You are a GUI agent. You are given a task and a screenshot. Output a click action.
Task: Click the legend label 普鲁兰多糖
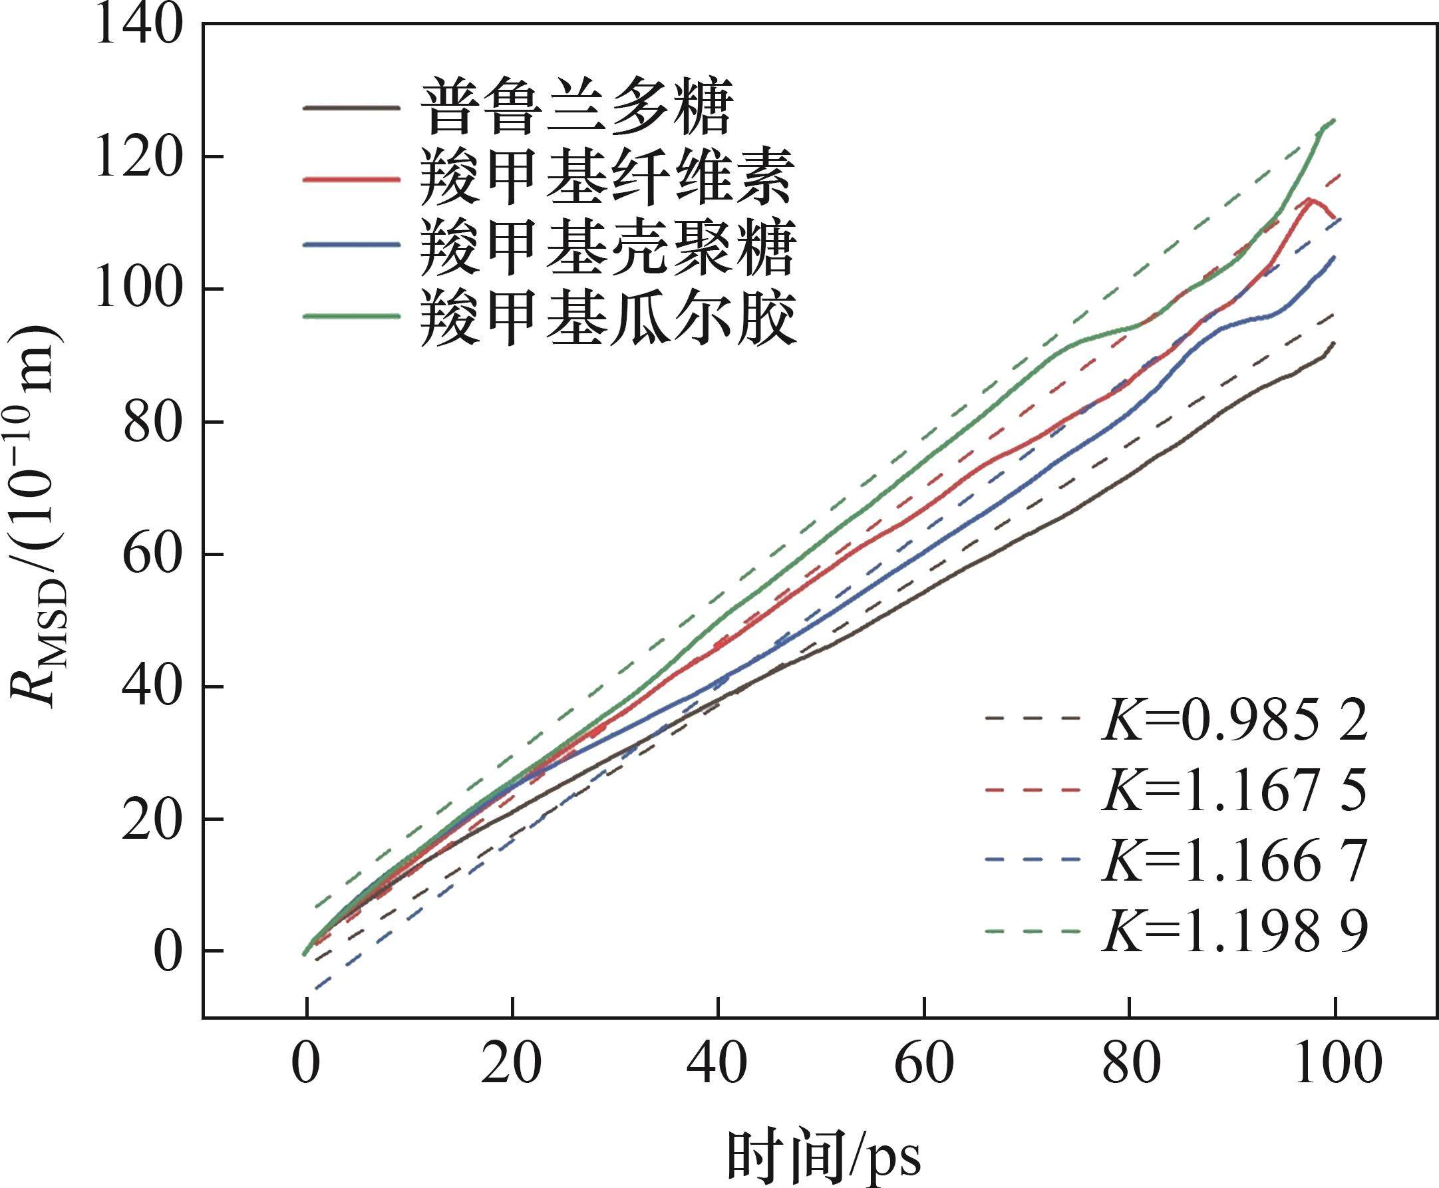(x=576, y=109)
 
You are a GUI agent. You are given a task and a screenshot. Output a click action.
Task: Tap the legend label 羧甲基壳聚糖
(x=607, y=247)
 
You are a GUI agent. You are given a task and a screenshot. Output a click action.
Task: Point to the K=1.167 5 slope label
(x=1234, y=789)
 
